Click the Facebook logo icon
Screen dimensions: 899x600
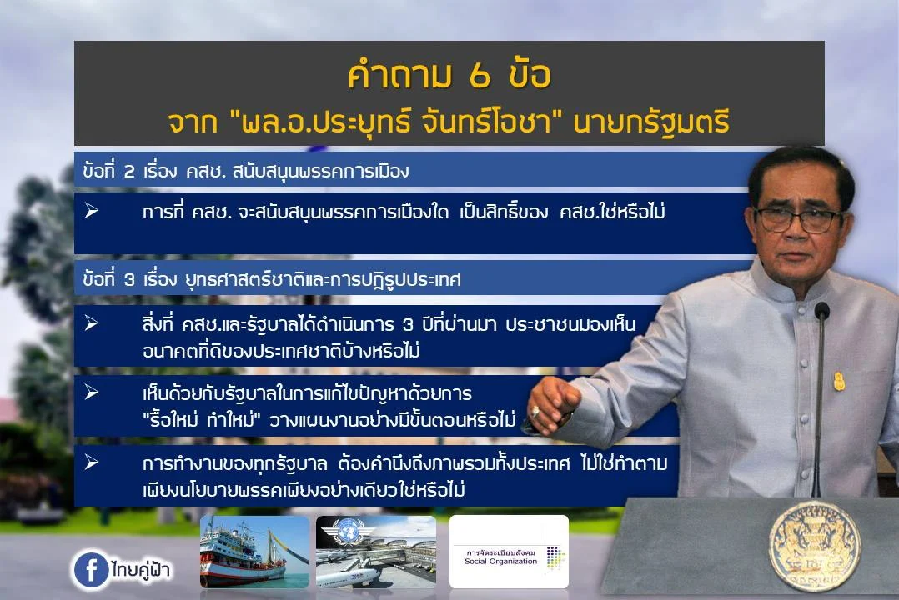91,569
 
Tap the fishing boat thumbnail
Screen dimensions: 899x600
254,552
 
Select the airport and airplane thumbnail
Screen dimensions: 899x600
376,552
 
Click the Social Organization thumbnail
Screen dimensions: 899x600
509,552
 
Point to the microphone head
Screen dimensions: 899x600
822,311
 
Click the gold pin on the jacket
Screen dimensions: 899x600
839,381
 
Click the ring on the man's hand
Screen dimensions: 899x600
535,410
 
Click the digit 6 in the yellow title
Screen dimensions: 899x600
480,76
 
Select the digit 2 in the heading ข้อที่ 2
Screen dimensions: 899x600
129,171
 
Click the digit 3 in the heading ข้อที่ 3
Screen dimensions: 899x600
129,279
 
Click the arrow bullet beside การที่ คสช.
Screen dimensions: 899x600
92,211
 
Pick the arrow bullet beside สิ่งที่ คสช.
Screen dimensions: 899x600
92,323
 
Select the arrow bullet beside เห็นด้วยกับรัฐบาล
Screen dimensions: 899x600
92,392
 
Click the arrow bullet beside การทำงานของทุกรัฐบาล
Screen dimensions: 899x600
92,462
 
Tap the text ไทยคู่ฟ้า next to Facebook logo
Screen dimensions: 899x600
141,570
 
